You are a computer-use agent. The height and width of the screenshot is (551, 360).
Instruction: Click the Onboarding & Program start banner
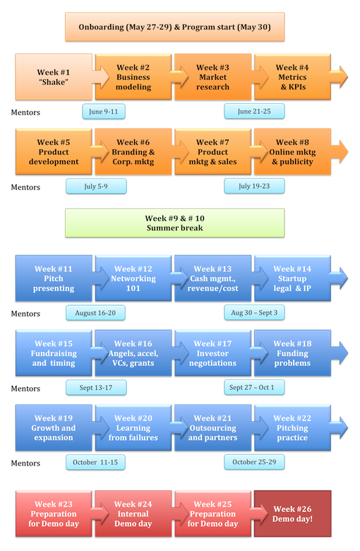[174, 27]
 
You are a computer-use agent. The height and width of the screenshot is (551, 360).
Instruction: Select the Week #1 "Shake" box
[54, 77]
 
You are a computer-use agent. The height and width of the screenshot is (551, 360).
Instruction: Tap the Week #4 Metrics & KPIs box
[292, 77]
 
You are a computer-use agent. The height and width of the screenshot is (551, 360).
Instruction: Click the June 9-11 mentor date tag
[104, 112]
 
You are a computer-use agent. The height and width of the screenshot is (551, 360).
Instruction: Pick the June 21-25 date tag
[254, 112]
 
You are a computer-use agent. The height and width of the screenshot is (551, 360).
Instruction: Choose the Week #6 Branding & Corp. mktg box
[133, 152]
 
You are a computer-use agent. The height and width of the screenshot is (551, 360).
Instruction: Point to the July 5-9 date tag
[96, 186]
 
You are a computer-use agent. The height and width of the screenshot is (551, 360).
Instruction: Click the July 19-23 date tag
[254, 186]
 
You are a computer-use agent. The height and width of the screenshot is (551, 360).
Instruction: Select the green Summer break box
[174, 223]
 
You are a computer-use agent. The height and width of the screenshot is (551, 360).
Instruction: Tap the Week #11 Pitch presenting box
[54, 278]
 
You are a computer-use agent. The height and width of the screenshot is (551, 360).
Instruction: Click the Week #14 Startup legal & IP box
[292, 278]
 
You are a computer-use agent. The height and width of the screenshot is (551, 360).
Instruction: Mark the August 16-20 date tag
[95, 313]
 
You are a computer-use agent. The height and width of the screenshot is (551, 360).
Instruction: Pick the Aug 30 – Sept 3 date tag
[254, 313]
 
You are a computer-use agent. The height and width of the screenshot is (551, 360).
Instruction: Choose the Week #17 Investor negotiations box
[213, 353]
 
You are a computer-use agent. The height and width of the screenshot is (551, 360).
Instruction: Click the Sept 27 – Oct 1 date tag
[254, 388]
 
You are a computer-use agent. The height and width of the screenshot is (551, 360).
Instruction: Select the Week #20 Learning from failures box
[133, 427]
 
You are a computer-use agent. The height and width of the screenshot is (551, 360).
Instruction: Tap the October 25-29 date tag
[254, 462]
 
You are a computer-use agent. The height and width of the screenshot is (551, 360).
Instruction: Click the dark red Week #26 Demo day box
[292, 514]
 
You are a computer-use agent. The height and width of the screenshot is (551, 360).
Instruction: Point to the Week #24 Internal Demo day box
[133, 514]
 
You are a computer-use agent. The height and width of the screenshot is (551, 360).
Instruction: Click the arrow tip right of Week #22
[348, 427]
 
